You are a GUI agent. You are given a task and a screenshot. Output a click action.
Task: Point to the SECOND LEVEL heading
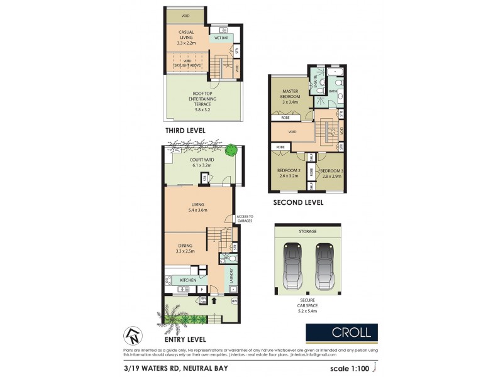[x=297, y=203]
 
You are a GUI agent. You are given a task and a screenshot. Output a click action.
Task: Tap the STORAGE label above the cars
[x=308, y=231]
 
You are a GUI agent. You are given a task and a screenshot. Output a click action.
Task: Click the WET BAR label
[x=221, y=38]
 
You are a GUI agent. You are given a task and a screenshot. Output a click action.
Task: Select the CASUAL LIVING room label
[x=185, y=36]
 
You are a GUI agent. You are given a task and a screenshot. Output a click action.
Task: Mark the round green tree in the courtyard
[x=232, y=151]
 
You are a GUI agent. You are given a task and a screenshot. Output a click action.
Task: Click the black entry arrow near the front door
[x=215, y=300]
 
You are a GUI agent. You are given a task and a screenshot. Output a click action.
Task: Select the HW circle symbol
[x=235, y=301]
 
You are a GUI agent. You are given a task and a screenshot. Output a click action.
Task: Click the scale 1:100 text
[x=350, y=368]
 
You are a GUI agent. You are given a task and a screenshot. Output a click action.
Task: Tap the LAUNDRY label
[x=231, y=276]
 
